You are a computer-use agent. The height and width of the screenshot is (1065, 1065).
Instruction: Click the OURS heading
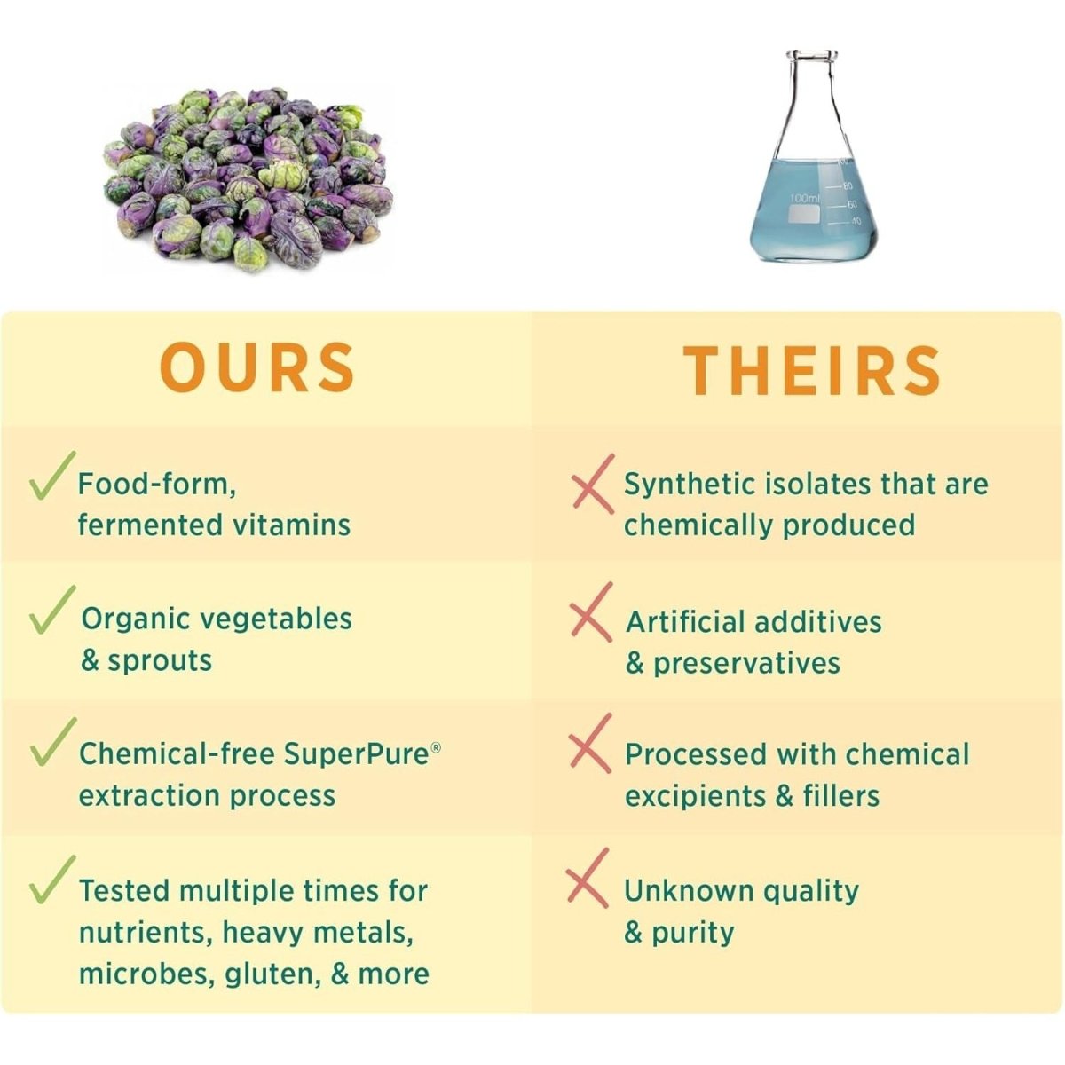tap(257, 367)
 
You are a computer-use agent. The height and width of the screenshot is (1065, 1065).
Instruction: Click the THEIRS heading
tap(812, 370)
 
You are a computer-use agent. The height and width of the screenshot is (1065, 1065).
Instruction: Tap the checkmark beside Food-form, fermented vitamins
tap(52, 476)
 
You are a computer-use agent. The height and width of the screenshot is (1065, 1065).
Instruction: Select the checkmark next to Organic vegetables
tap(52, 609)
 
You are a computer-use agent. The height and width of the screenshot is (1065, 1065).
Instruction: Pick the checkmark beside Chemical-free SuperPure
tap(52, 742)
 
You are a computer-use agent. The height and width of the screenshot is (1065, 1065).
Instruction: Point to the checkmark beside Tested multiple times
tap(52, 880)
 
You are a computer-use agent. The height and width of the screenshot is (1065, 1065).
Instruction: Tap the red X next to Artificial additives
tap(591, 611)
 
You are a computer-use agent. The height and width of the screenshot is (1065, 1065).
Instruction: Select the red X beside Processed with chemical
tap(590, 743)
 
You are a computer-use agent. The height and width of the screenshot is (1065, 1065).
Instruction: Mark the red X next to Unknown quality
tap(588, 878)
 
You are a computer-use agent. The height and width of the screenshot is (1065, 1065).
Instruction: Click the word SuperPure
tap(358, 753)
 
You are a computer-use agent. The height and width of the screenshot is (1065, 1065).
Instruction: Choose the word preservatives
tap(746, 663)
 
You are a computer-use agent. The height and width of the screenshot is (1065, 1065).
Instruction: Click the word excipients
tap(695, 796)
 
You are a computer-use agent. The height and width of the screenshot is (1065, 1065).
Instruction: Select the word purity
tap(693, 934)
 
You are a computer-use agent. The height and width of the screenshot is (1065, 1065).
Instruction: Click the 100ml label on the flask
tap(805, 198)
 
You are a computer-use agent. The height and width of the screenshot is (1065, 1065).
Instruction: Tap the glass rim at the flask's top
tap(812, 56)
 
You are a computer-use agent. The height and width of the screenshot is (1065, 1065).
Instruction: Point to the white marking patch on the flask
tap(802, 215)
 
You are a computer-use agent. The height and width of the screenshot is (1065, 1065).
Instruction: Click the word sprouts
tap(160, 660)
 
